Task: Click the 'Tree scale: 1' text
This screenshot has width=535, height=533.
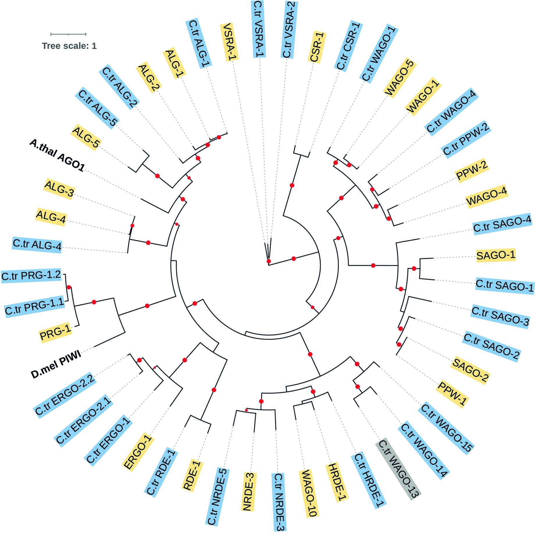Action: click(x=69, y=46)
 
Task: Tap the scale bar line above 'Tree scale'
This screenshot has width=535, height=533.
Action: click(x=68, y=34)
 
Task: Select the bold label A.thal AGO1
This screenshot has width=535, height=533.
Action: click(x=57, y=155)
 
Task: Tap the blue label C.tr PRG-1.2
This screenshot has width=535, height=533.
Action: click(x=31, y=275)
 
